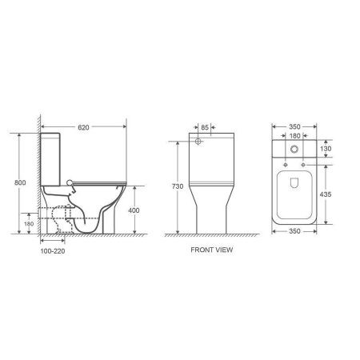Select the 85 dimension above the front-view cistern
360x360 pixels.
click(204, 126)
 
